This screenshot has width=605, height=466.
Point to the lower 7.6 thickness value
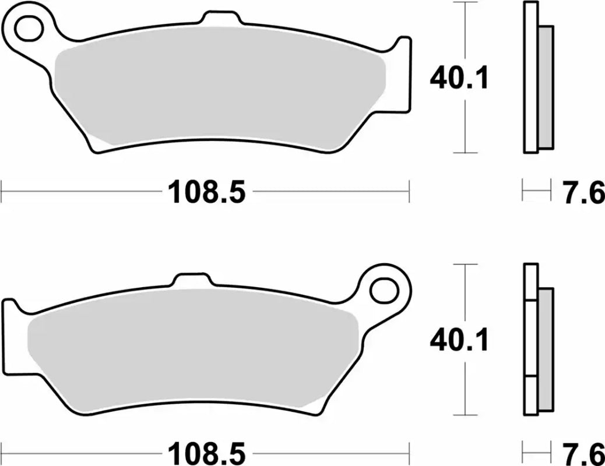[x=583, y=452]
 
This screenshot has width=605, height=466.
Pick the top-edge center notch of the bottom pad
[x=192, y=278]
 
